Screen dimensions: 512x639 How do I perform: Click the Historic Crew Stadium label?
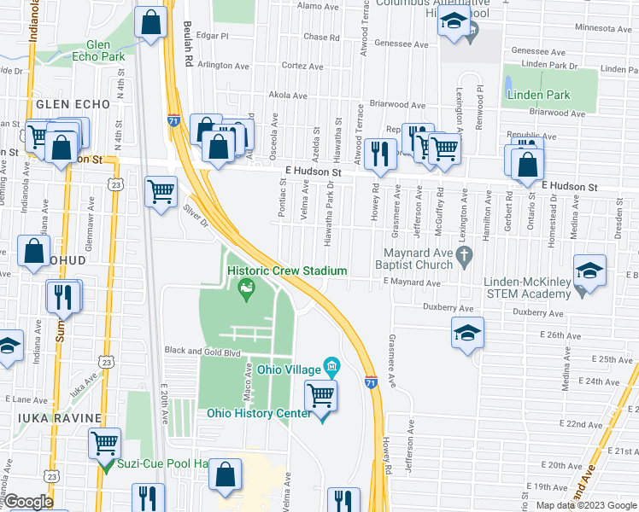coord(287,271)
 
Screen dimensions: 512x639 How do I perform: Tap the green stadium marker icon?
coord(247,290)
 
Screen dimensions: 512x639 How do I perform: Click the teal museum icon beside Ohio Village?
coord(333,368)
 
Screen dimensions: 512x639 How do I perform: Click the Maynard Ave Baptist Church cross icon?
coord(465,255)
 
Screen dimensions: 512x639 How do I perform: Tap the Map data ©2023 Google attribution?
coord(586,505)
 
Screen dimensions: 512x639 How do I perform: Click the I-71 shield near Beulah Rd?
coord(173,121)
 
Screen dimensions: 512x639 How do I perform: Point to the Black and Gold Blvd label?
coord(203,351)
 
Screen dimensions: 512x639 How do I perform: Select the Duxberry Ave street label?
coord(448,307)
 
